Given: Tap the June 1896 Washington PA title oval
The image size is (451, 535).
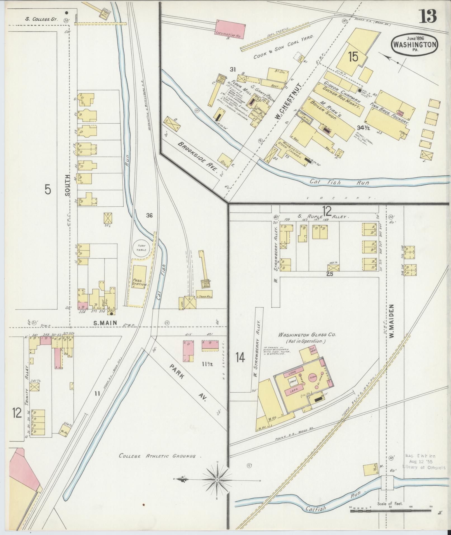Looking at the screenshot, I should pos(414,44).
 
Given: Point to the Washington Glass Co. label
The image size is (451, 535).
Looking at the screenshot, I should pos(307,335).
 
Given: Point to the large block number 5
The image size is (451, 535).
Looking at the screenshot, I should pos(48,190).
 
